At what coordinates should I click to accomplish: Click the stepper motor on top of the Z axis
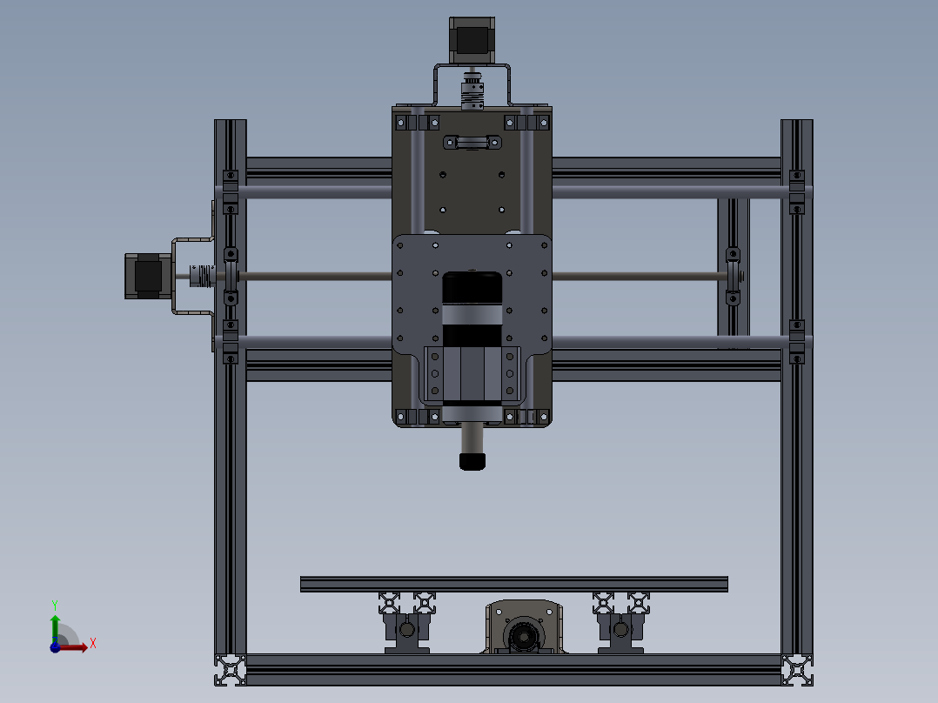[x=471, y=40]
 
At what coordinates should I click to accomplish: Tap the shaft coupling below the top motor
[x=471, y=92]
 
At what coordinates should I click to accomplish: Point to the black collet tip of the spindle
[x=471, y=460]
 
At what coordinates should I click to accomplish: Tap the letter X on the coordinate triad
[x=92, y=644]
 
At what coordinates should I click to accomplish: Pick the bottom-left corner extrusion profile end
[x=231, y=670]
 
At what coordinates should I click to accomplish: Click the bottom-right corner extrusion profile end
[x=797, y=670]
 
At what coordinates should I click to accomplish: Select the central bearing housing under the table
[x=525, y=629]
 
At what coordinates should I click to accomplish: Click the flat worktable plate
[x=513, y=584]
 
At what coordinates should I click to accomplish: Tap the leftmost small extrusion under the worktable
[x=389, y=601]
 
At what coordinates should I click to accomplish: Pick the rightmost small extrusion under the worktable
[x=639, y=601]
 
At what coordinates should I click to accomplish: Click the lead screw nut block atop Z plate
[x=472, y=142]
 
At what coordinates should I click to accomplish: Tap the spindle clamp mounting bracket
[x=471, y=376]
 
